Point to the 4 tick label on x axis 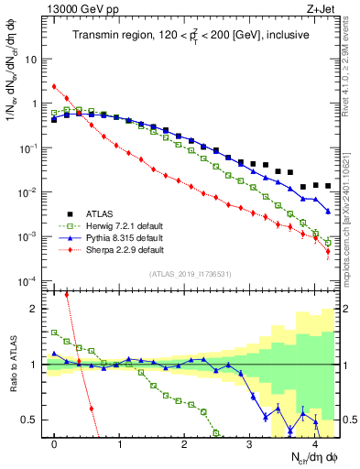(x=313, y=443)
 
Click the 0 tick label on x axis (x=54, y=443)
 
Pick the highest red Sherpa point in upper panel (x=54, y=87)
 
